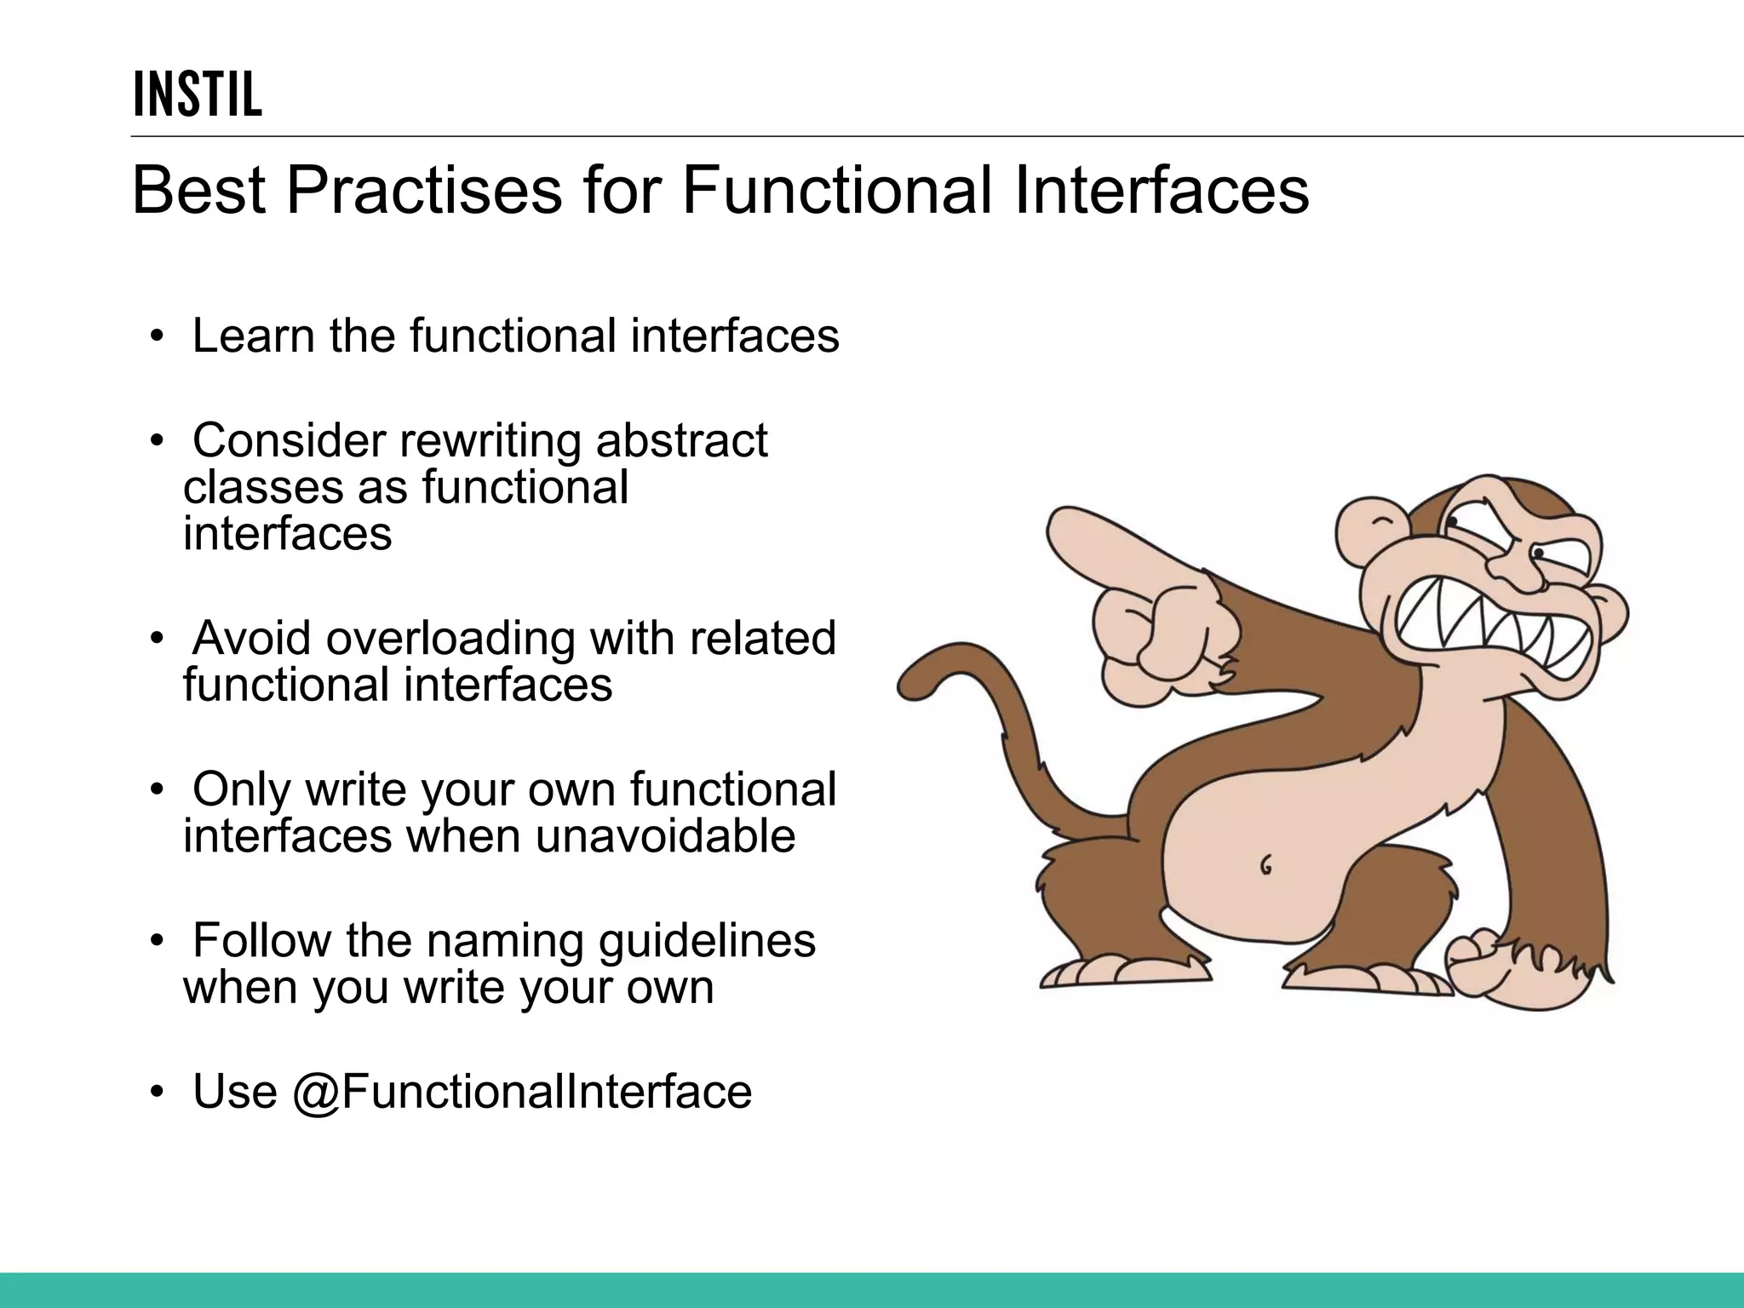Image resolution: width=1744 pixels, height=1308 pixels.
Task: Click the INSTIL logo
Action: point(198,94)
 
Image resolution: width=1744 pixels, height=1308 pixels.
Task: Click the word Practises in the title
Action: point(424,191)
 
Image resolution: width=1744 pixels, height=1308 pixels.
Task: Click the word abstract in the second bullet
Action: point(681,441)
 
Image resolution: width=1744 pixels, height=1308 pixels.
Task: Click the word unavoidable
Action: point(665,836)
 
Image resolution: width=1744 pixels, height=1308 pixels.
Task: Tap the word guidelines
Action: point(707,941)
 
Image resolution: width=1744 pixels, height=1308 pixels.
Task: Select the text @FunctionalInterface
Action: point(522,1092)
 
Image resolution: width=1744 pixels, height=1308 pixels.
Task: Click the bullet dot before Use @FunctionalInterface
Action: point(156,1093)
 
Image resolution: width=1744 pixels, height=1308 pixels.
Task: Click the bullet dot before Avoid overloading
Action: point(156,640)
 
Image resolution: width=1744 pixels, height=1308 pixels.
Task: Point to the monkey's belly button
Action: point(1265,866)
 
